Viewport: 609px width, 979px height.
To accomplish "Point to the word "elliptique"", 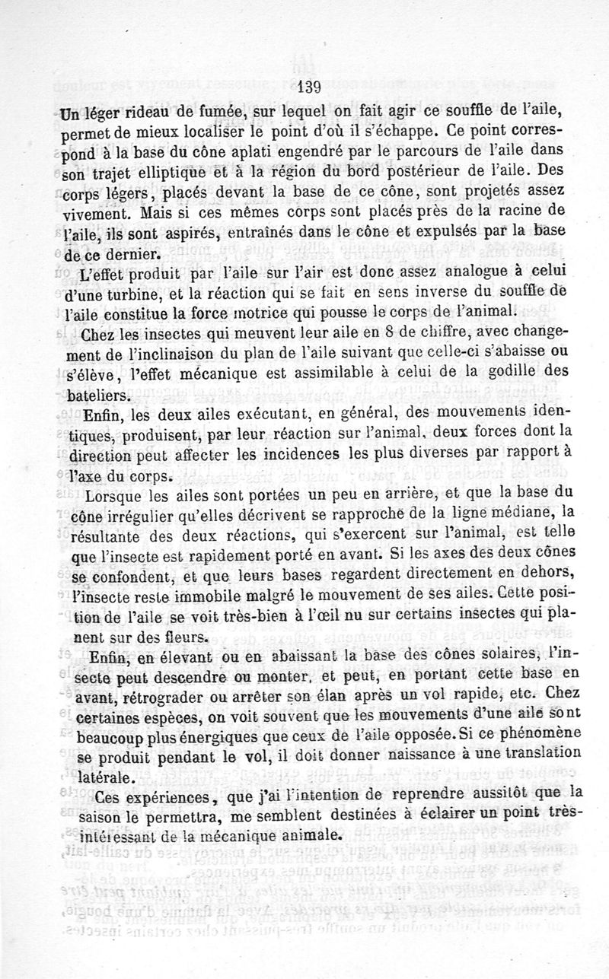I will pos(142,173).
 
